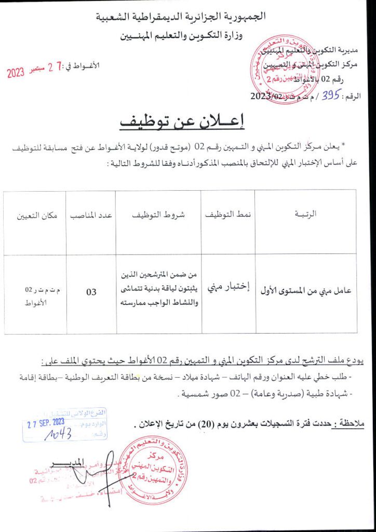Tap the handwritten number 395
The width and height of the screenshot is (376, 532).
tap(331, 96)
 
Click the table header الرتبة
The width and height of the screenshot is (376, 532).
tap(305, 214)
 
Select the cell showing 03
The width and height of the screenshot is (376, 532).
tap(91, 292)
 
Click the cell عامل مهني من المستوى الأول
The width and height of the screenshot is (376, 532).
tap(305, 291)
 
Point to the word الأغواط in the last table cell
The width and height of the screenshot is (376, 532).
tap(36, 301)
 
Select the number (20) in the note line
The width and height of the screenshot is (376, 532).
tap(191, 425)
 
